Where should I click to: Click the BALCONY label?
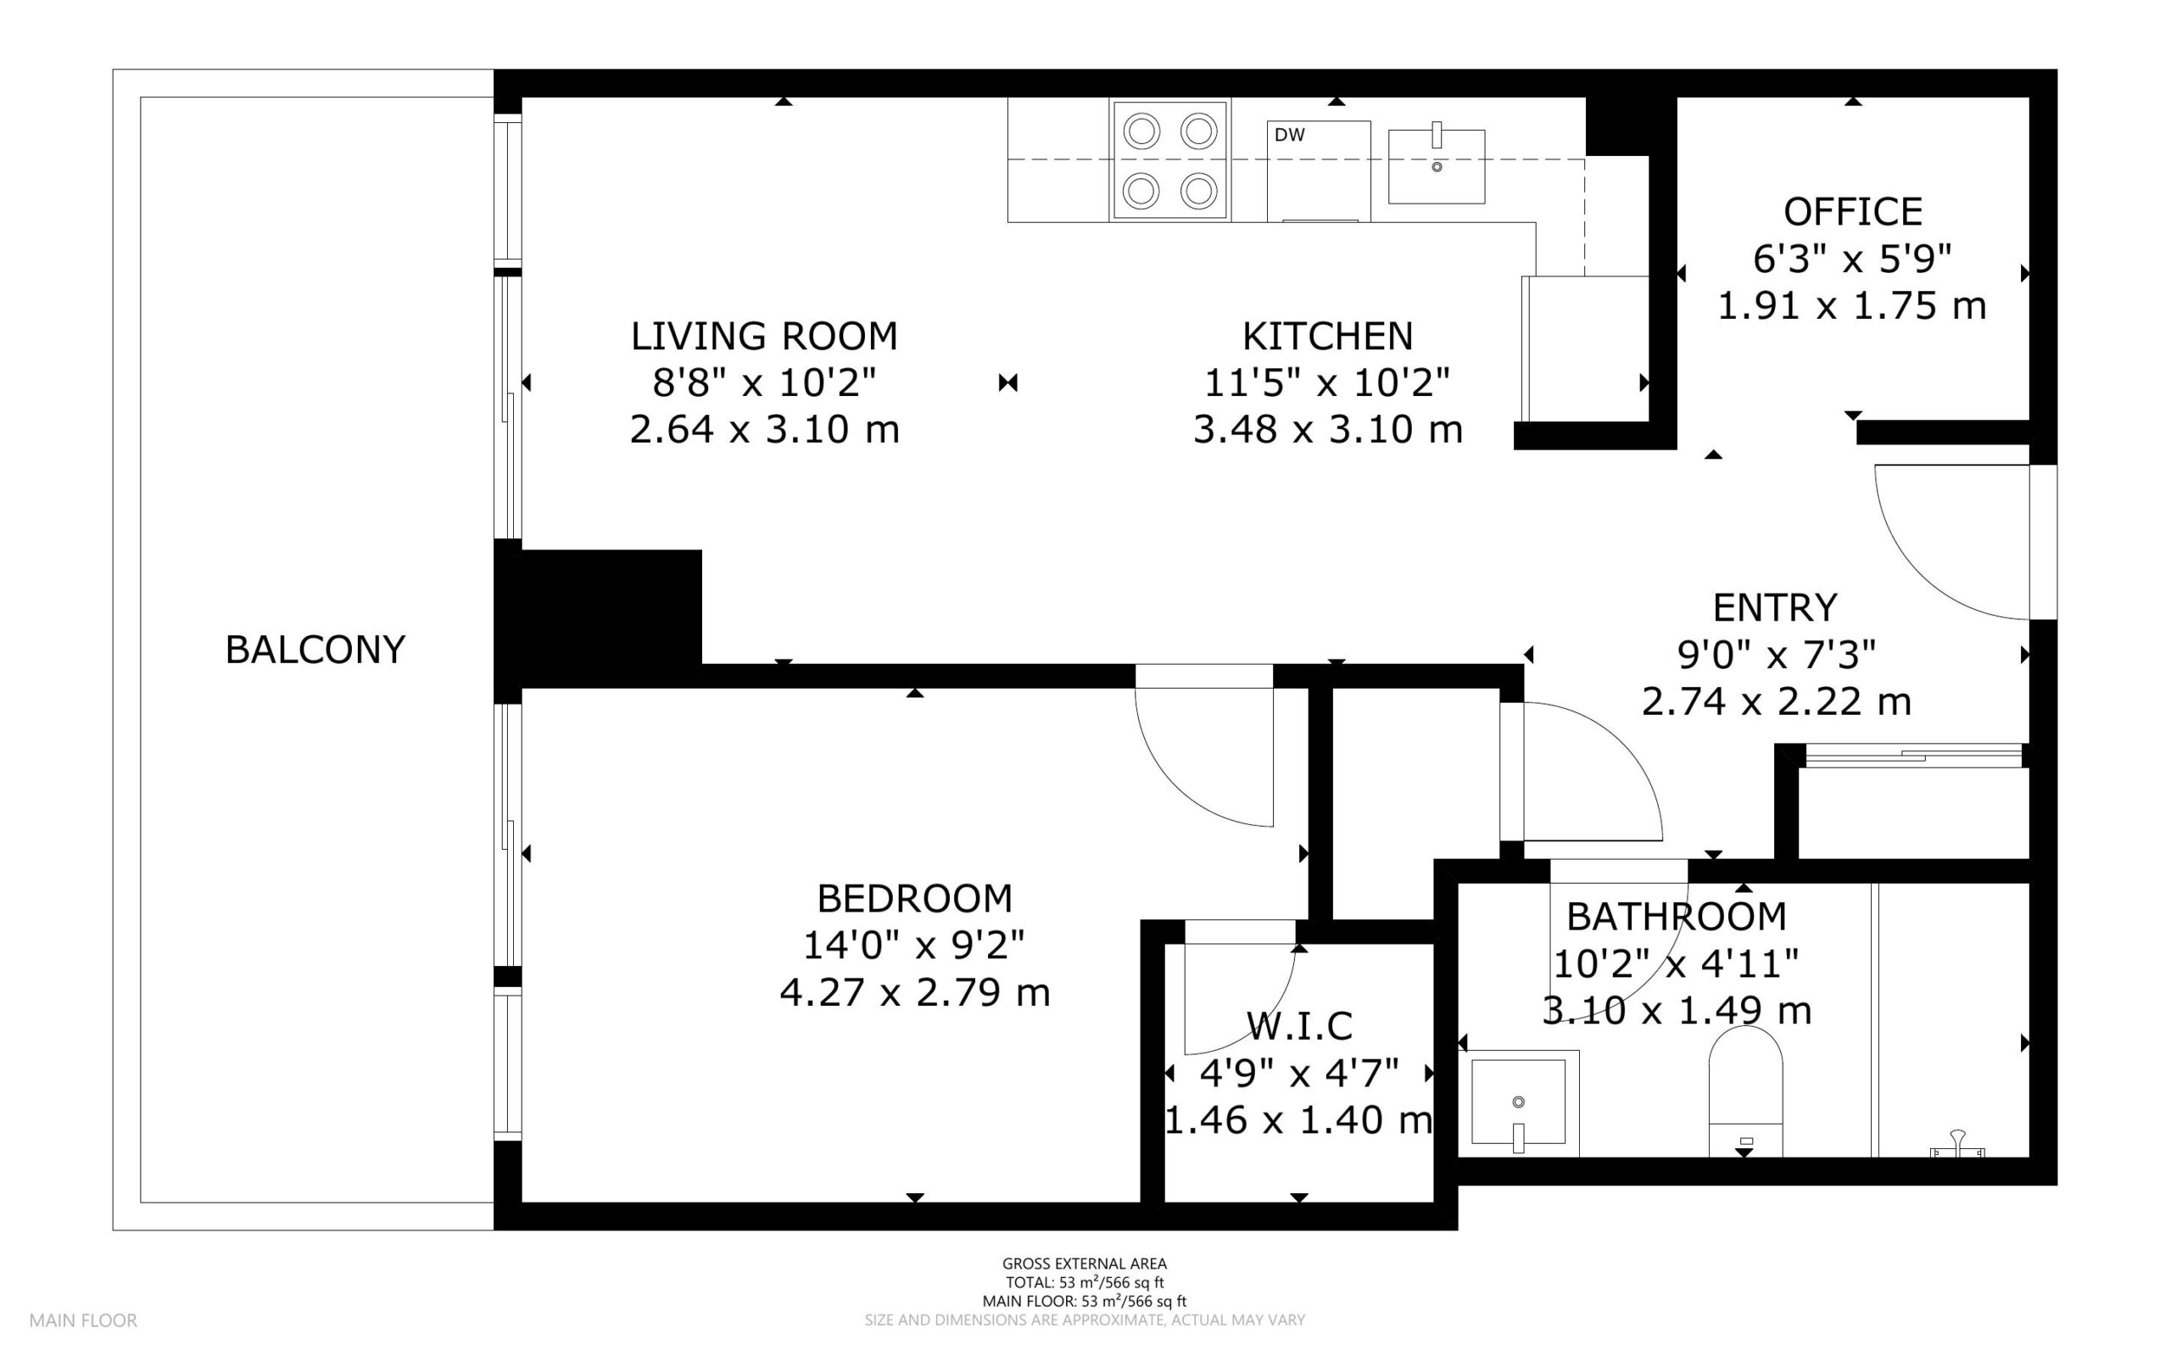coord(315,650)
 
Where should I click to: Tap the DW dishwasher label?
coord(1290,135)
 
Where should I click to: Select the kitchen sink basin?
coord(1437,166)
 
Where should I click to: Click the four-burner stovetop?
coord(1170,159)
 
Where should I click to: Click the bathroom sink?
coord(1519,1104)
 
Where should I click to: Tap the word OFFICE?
coord(1853,213)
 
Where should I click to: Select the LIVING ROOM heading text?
coord(764,337)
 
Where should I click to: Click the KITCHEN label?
coord(1327,337)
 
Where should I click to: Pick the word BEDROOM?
coord(915,899)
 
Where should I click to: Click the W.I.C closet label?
coord(1299,1026)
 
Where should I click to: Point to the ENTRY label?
coord(1776,608)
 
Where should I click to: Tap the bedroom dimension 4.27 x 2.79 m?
coord(915,993)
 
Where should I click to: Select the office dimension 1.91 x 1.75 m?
coord(1852,307)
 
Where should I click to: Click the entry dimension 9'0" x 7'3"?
coord(1777,656)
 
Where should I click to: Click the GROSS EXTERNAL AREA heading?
coord(1084,1264)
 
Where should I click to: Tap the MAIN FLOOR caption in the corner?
coord(83,1320)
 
